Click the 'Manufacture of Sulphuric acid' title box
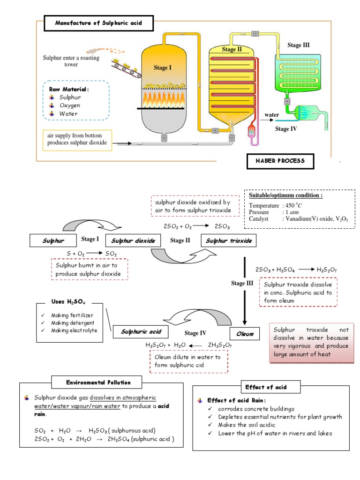98,23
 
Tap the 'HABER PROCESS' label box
280,161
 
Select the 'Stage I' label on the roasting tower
163,67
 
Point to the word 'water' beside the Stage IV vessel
272,114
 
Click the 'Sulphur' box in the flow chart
53,241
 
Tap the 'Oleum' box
245,334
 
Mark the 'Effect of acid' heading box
266,387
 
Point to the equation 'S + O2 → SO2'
91,254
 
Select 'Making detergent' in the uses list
72,323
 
